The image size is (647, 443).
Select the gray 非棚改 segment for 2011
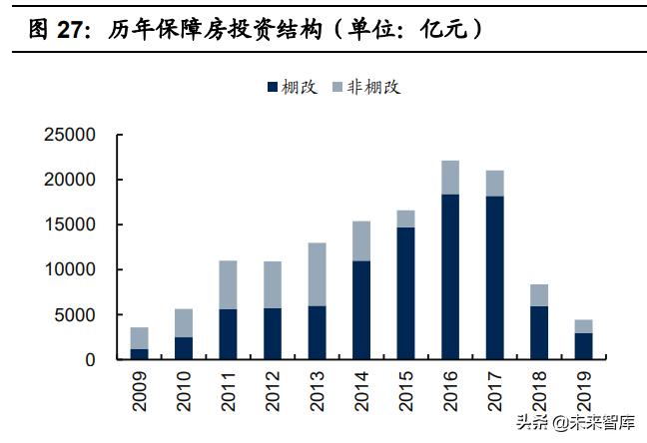pyautogui.click(x=228, y=284)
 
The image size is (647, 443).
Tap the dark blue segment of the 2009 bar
pyautogui.click(x=140, y=353)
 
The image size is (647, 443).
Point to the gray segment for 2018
pyautogui.click(x=540, y=295)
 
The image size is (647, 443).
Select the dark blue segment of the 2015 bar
pyautogui.click(x=406, y=292)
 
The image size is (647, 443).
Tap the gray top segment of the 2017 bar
pyautogui.click(x=495, y=184)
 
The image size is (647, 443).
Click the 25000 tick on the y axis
pyautogui.click(x=68, y=135)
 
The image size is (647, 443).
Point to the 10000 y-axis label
pyautogui.click(x=68, y=269)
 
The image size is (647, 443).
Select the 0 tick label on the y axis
pyautogui.click(x=90, y=359)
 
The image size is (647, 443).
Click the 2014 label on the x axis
pyautogui.click(x=362, y=389)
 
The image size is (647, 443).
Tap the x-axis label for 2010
pyautogui.click(x=184, y=389)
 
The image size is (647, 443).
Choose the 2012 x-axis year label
pyautogui.click(x=273, y=389)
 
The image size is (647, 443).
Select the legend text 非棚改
pyautogui.click(x=373, y=87)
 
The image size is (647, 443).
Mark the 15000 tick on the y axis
pyautogui.click(x=68, y=224)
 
